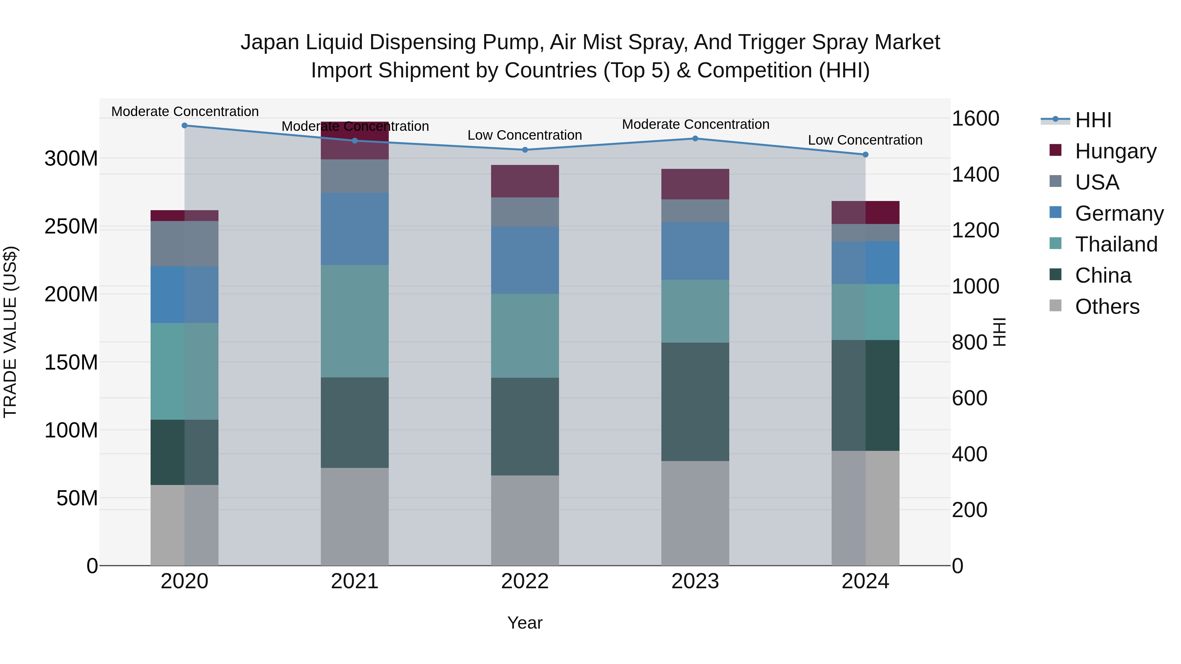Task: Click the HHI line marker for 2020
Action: click(x=184, y=126)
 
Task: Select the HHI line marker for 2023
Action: click(x=695, y=138)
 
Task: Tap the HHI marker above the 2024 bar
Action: click(x=865, y=155)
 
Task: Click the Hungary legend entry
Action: click(x=1115, y=151)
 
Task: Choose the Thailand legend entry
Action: click(x=1116, y=244)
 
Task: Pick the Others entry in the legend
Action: click(x=1107, y=307)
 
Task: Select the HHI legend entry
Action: click(x=1093, y=120)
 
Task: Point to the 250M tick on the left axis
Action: click(x=71, y=226)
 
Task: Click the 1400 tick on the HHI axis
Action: click(x=975, y=174)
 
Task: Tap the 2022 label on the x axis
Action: click(x=525, y=581)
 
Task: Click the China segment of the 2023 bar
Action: click(x=695, y=402)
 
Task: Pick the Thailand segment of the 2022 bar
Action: click(x=525, y=336)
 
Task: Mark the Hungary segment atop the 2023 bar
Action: click(x=695, y=184)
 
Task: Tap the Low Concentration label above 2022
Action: click(x=525, y=135)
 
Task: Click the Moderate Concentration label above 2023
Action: click(x=695, y=124)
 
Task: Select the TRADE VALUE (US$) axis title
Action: click(x=10, y=332)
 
